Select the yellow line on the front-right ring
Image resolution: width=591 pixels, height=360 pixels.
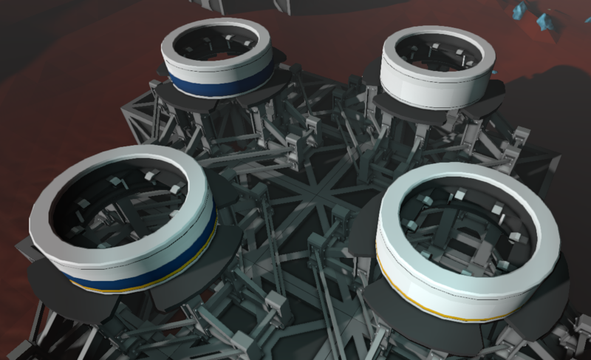443,311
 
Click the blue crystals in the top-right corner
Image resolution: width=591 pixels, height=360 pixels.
539,15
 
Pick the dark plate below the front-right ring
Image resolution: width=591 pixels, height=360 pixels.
436,336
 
